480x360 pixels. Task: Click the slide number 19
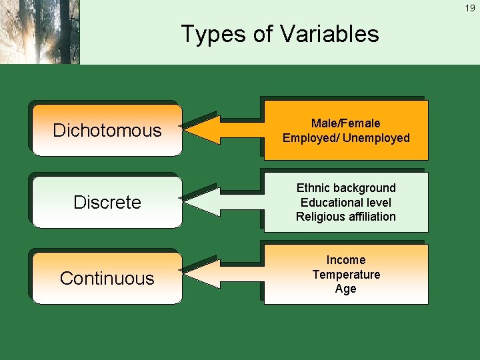tap(470, 9)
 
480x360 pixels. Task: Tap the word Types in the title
tap(209, 34)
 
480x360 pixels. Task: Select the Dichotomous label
tap(107, 130)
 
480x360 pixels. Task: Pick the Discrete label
tap(107, 203)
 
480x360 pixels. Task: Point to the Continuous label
tap(107, 278)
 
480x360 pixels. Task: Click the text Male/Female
tap(345, 123)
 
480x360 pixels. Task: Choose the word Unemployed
tap(376, 138)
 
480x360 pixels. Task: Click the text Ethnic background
tap(345, 188)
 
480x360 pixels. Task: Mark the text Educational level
tap(345, 203)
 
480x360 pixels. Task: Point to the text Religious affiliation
tap(345, 217)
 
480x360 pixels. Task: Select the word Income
tap(345, 260)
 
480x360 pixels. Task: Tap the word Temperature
tap(345, 275)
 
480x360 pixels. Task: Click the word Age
tap(345, 289)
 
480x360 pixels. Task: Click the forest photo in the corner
tap(40, 32)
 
